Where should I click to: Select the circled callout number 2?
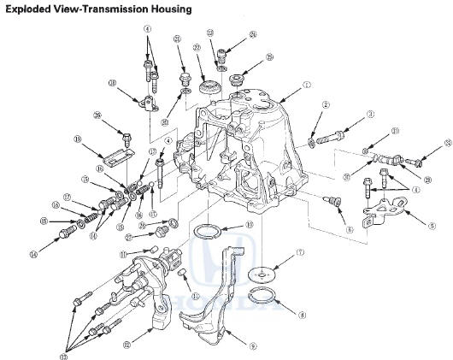pyautogui.click(x=326, y=104)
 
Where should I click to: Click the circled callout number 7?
pyautogui.click(x=300, y=252)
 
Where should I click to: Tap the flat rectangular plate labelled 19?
pyautogui.click(x=112, y=157)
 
